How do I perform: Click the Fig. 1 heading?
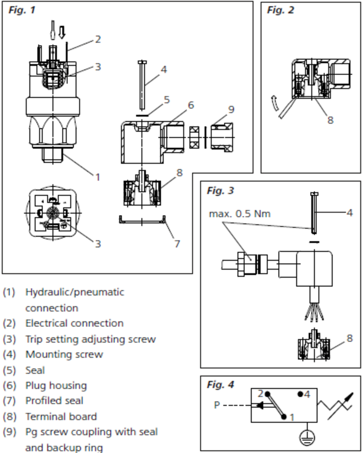pyautogui.click(x=22, y=10)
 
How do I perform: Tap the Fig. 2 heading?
pyautogui.click(x=280, y=10)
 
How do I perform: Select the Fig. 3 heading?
pyautogui.click(x=220, y=191)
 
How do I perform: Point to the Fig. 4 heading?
pyautogui.click(x=220, y=384)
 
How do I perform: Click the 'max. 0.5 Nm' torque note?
pyautogui.click(x=239, y=214)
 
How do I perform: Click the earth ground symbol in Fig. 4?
pyautogui.click(x=307, y=437)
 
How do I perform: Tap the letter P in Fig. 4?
pyautogui.click(x=217, y=405)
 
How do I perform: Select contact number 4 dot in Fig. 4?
pyautogui.click(x=300, y=394)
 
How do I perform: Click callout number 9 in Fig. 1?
pyautogui.click(x=231, y=109)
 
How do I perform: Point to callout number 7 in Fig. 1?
pyautogui.click(x=177, y=243)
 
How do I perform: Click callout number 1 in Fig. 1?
pyautogui.click(x=98, y=177)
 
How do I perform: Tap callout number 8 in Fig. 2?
pyautogui.click(x=330, y=120)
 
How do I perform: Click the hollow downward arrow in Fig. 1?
pyautogui.click(x=62, y=32)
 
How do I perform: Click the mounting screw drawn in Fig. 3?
pyautogui.click(x=314, y=213)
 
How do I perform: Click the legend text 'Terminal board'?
pyautogui.click(x=61, y=416)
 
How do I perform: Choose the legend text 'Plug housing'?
pyautogui.click(x=56, y=386)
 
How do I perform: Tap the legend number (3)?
pyautogui.click(x=9, y=339)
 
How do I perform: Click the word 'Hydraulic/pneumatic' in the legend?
pyautogui.click(x=75, y=292)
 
